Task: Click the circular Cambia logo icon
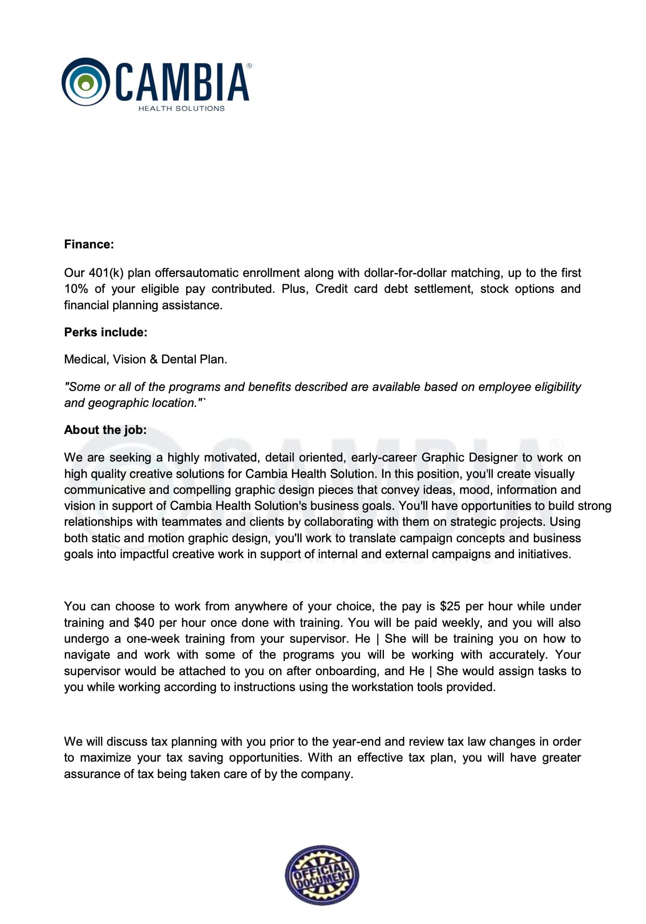click(x=86, y=82)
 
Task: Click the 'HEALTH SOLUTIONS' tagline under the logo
click(x=181, y=108)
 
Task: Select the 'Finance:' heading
click(x=89, y=244)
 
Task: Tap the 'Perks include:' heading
click(x=105, y=332)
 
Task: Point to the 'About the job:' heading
click(x=105, y=430)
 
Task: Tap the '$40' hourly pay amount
click(x=144, y=622)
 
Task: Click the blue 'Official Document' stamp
click(x=322, y=875)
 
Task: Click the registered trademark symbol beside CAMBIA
click(x=249, y=65)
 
